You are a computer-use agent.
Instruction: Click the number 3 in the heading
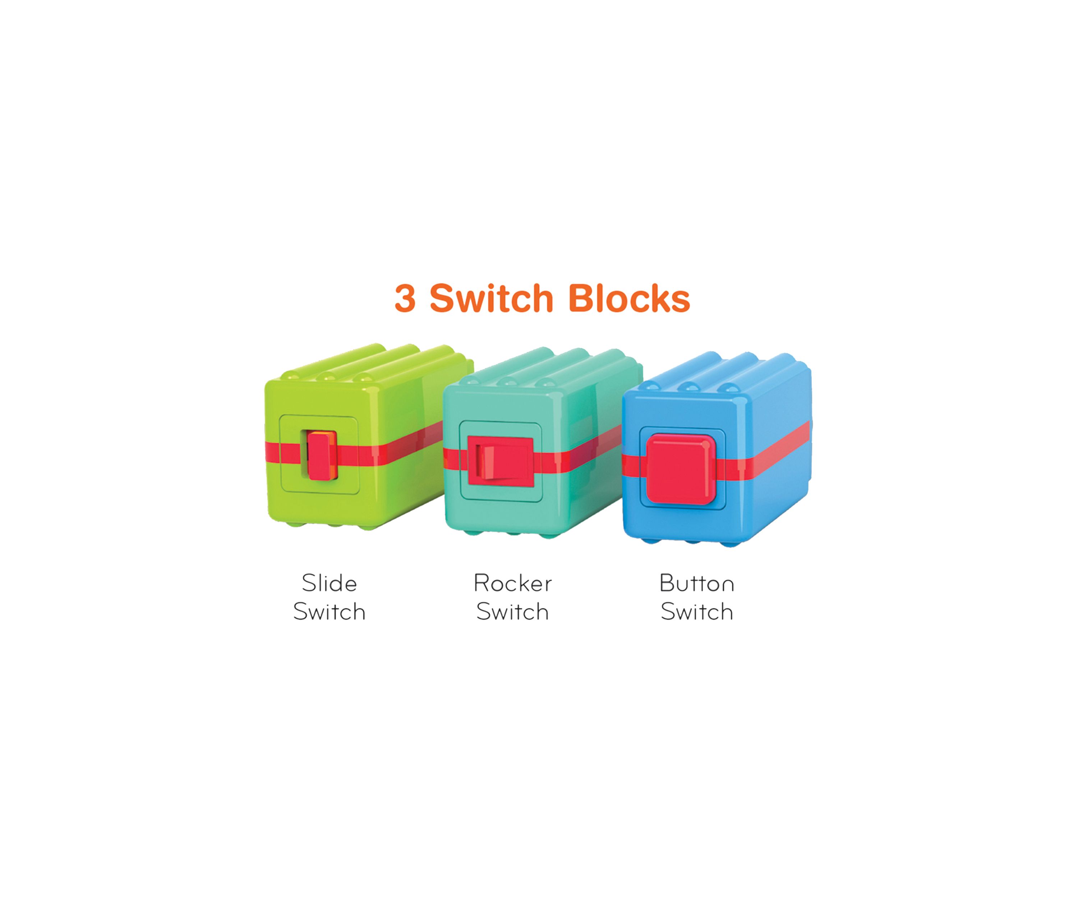coord(405,298)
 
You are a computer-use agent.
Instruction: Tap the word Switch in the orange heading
coord(491,298)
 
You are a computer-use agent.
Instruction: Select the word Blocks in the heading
coord(629,298)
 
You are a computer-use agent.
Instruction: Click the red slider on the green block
coord(322,455)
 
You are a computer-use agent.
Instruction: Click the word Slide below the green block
coord(329,583)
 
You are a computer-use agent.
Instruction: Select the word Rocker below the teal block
coord(513,583)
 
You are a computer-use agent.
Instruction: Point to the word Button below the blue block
coord(697,583)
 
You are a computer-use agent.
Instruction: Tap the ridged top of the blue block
coord(719,372)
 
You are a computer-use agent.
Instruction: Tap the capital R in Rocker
coord(481,583)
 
